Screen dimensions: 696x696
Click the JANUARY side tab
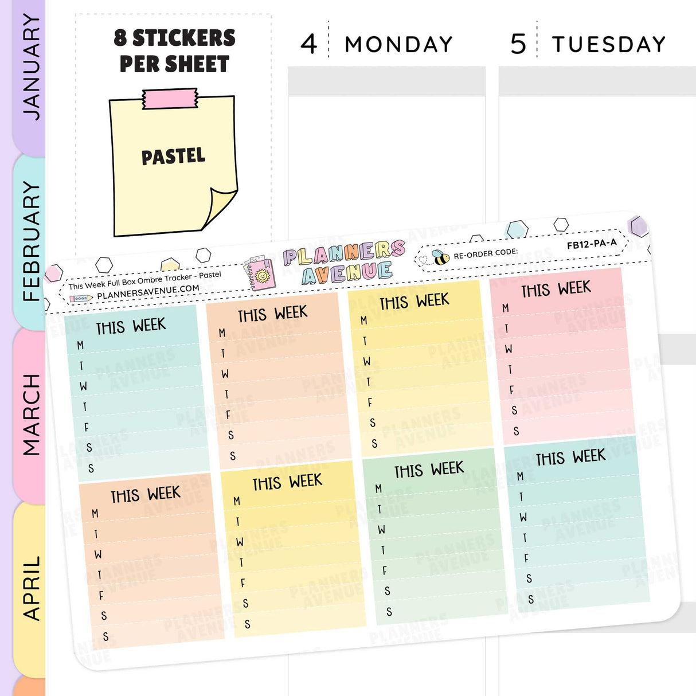point(30,68)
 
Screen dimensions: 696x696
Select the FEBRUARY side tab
point(30,241)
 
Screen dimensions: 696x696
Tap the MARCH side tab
point(30,415)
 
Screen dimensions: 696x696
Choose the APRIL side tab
point(30,588)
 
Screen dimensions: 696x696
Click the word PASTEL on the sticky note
point(173,157)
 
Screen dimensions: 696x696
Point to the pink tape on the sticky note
point(170,99)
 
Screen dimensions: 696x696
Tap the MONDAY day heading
point(398,44)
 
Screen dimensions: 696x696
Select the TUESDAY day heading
point(609,44)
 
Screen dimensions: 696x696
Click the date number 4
point(309,44)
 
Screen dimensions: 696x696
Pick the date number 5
point(518,44)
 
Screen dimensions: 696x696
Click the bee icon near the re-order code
point(440,257)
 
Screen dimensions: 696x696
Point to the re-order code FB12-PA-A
point(592,244)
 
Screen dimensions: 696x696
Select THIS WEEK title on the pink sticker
point(556,289)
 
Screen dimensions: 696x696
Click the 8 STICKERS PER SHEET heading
point(174,51)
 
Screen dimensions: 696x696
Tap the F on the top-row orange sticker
point(228,415)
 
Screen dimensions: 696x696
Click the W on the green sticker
point(381,530)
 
